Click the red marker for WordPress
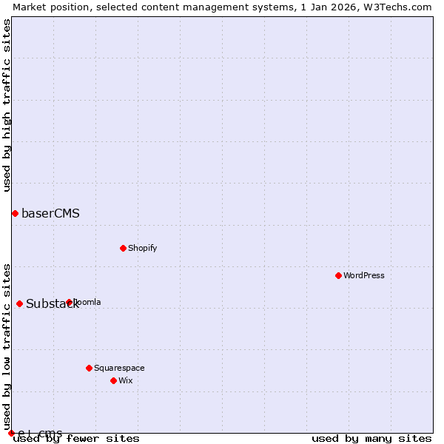(338, 275)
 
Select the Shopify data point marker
(123, 248)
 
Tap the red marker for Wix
(113, 380)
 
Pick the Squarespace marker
(89, 368)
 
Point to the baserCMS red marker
(15, 213)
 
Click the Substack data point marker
(19, 303)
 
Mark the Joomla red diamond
(69, 302)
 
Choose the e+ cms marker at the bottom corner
(11, 433)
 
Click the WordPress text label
(364, 275)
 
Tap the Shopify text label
(142, 248)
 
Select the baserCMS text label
(50, 214)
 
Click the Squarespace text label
(119, 368)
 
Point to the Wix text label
(125, 380)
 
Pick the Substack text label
(52, 304)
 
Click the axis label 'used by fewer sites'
(76, 439)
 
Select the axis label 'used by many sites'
(371, 439)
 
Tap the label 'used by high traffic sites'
(7, 105)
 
